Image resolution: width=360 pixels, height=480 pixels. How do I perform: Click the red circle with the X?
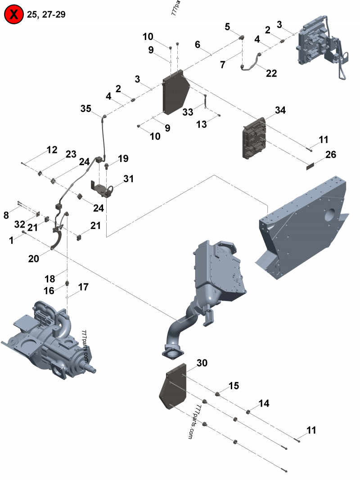click(14, 14)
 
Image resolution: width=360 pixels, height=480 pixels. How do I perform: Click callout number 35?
click(86, 108)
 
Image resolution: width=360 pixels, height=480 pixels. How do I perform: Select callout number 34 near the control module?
click(280, 110)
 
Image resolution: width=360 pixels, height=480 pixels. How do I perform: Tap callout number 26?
click(331, 155)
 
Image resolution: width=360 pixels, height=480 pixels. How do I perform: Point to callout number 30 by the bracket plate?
click(202, 363)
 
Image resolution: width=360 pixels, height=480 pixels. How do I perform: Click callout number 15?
click(234, 386)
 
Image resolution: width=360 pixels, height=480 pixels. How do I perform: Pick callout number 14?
click(264, 404)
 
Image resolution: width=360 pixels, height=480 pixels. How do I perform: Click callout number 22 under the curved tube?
click(271, 73)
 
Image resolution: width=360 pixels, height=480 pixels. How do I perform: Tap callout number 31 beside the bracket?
click(129, 179)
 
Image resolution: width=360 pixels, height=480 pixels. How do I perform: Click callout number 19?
click(123, 158)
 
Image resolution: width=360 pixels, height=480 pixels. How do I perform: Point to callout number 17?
click(83, 286)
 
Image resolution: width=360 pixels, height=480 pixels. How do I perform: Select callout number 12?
click(52, 149)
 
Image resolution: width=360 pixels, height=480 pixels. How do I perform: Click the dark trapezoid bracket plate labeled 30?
click(172, 387)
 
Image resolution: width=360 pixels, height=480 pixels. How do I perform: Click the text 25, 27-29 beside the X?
click(46, 14)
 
